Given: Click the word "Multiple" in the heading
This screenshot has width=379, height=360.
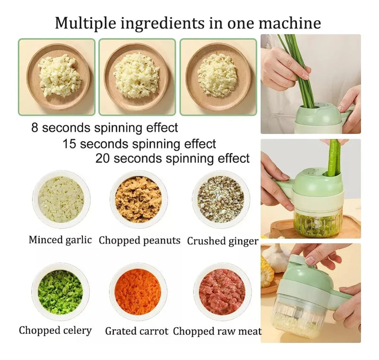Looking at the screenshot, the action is pos(86,23).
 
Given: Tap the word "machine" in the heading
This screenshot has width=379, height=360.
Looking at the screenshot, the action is pos(289,23).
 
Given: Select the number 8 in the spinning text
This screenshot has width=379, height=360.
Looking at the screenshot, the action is pos(35,128).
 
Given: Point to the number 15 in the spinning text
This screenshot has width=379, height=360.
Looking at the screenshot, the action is pos(69,144).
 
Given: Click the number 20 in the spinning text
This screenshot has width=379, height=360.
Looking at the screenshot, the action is pos(103,158).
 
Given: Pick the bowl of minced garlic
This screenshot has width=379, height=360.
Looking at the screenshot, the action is pos(61,200).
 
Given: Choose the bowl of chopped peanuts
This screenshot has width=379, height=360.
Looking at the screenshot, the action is pos(138,200).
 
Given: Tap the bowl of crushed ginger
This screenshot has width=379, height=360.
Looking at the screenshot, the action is pos(221,200).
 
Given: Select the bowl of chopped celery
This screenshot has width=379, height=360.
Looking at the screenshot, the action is pos(61,292).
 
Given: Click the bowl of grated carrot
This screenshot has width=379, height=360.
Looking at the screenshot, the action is pos(138,292).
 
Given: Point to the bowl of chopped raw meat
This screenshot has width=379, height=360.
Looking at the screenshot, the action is pos(222,292).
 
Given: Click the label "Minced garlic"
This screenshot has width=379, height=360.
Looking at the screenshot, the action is pos(60,240).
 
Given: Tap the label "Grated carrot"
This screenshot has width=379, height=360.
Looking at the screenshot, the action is pos(136,331).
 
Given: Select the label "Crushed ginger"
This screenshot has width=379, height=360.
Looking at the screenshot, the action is pos(223,241).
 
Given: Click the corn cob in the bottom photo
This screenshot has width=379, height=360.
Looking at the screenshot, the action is pos(267,271).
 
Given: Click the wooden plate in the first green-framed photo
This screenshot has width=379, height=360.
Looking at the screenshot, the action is pos(58,77).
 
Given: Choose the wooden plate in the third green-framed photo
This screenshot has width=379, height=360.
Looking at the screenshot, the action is pos(218,77).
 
